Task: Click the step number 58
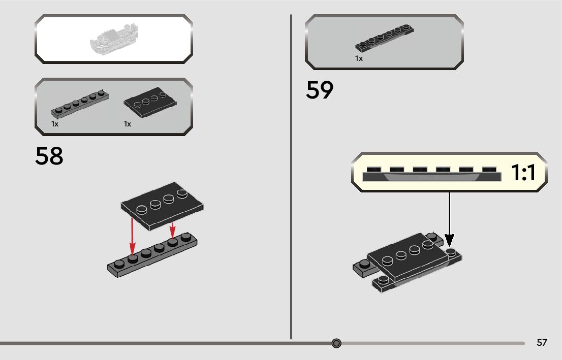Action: pyautogui.click(x=49, y=156)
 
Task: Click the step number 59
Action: pyautogui.click(x=320, y=91)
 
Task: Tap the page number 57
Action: pyautogui.click(x=542, y=343)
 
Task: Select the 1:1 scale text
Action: pyautogui.click(x=523, y=173)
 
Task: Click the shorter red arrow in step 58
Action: pyautogui.click(x=173, y=230)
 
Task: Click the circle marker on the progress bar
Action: pyautogui.click(x=336, y=344)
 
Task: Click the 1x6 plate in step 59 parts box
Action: pyautogui.click(x=384, y=38)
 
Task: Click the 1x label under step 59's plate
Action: pyautogui.click(x=359, y=58)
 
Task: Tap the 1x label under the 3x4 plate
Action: pyautogui.click(x=128, y=124)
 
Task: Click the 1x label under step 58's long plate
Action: pyautogui.click(x=54, y=124)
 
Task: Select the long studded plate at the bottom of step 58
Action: pyautogui.click(x=152, y=256)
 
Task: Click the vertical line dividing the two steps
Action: pyautogui.click(x=291, y=178)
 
